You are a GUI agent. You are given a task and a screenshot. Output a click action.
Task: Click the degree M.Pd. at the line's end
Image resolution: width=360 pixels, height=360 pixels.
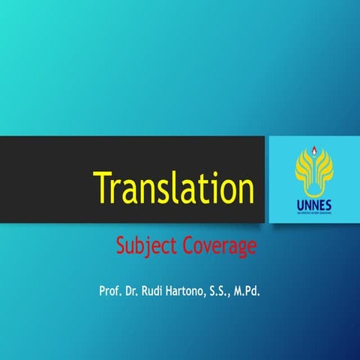pos(257,289)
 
